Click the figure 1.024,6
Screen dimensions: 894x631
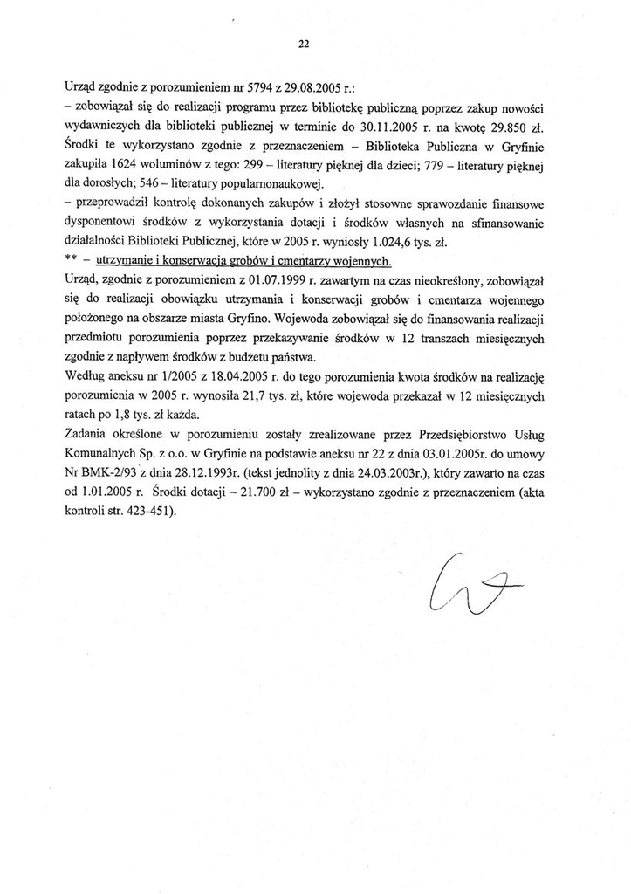384,242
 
